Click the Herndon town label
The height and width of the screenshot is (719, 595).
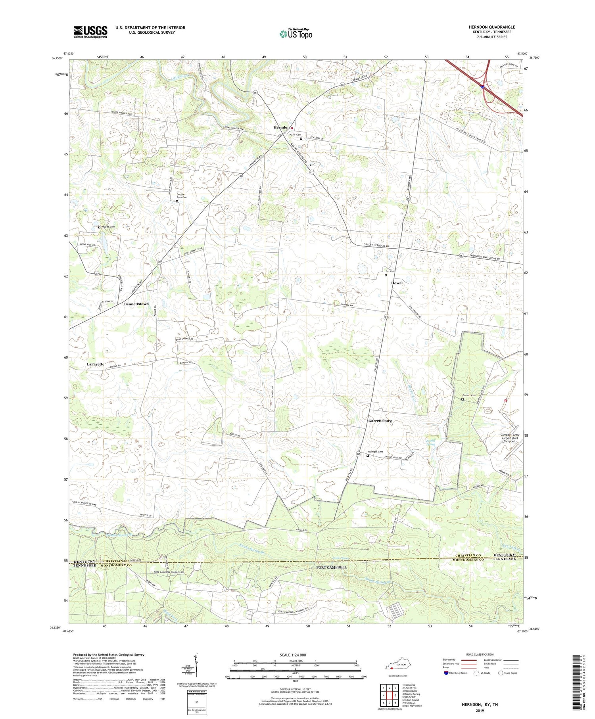coord(281,127)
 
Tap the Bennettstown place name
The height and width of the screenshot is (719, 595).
coord(136,304)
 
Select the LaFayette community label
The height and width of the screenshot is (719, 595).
coord(95,364)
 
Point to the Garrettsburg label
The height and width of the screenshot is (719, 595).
coord(380,420)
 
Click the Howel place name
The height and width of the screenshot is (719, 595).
coord(397,283)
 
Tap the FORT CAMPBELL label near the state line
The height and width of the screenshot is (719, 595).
coord(331,567)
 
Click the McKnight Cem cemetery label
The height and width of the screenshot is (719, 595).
coord(375,452)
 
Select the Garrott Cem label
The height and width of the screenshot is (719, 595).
coord(469,395)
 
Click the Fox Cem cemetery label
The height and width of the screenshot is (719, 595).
coord(390,271)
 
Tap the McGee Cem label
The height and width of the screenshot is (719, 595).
coord(108,227)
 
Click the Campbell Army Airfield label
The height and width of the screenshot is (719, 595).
coord(509,438)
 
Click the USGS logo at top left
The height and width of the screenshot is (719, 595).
coord(90,32)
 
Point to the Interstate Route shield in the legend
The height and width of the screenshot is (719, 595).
coord(446,673)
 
